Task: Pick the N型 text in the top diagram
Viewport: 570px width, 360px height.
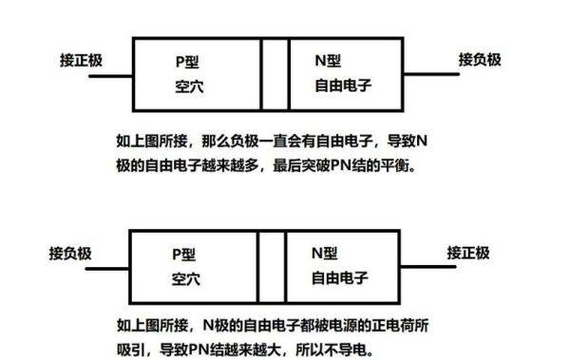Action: [x=328, y=60]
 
